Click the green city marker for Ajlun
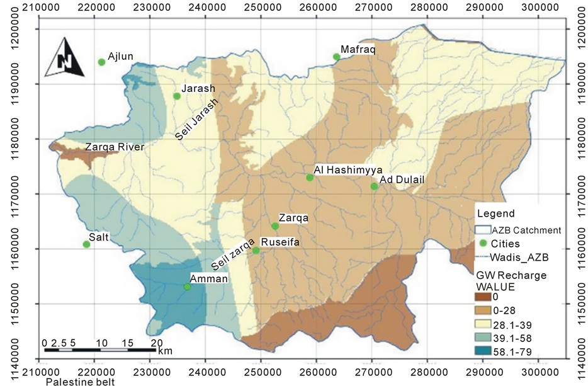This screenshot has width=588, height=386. coord(101,62)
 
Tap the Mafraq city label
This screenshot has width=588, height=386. coord(358,48)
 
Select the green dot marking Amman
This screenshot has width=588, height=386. coord(187,287)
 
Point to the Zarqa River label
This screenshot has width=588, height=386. coord(115,147)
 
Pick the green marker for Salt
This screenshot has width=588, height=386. coord(86,244)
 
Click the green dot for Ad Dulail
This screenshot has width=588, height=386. coord(374,186)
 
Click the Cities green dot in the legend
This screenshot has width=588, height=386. coord(483,244)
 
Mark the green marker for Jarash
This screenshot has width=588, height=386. coord(177,96)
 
